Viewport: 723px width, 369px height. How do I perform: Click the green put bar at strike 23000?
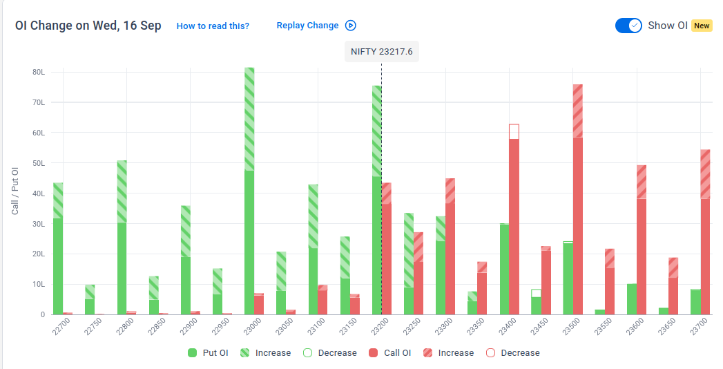coord(249,191)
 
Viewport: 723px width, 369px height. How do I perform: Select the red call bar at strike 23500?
coord(578,199)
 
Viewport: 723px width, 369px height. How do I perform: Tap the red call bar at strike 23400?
coord(514,220)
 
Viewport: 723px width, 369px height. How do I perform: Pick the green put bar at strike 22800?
coord(122,238)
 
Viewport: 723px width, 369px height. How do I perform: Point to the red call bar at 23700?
coord(705,232)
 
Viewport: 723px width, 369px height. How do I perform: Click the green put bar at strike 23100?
coord(313,249)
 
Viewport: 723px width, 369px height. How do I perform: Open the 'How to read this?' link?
coord(213,26)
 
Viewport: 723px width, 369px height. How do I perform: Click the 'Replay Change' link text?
coord(307,26)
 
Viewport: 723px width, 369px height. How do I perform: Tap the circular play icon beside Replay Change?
coord(350,26)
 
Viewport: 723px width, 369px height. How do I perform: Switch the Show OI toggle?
coord(628,26)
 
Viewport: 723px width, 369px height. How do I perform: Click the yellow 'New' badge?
coord(702,26)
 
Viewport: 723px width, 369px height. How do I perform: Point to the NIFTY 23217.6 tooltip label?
coord(382,52)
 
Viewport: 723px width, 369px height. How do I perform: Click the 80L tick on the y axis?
coord(39,72)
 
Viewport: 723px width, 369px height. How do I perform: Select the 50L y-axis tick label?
coord(39,163)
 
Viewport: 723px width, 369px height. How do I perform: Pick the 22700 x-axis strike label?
coord(61,327)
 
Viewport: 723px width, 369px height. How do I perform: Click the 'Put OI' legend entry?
coord(208,353)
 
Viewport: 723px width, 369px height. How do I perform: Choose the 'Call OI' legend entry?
coord(389,353)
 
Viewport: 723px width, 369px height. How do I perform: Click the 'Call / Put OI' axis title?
coord(15,191)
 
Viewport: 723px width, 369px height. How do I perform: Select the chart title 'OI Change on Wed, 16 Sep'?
coord(88,26)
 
